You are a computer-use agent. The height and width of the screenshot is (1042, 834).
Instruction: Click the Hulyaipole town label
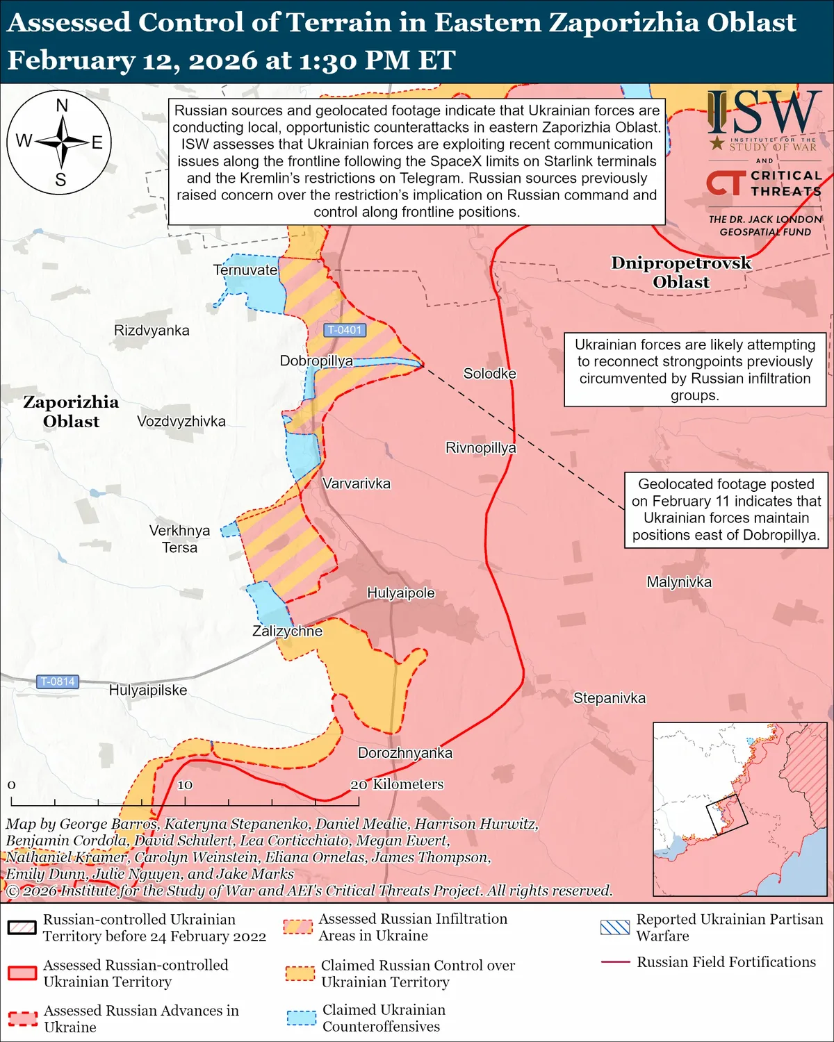401,593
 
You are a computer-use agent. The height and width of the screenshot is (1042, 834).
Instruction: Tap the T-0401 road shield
345,330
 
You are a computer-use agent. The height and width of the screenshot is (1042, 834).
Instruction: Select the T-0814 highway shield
57,681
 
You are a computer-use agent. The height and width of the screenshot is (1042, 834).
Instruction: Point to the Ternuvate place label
245,270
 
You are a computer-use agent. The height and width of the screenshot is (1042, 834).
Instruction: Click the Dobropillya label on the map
316,361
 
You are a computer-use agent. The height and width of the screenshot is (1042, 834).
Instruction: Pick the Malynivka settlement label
679,582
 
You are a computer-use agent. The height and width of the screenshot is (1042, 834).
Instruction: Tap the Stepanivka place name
609,698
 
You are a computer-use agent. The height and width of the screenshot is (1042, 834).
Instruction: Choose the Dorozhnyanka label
404,753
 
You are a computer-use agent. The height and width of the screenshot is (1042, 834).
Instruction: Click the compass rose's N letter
62,106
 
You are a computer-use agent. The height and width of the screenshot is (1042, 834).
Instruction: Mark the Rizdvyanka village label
152,330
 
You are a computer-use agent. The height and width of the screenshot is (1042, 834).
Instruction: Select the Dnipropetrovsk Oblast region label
681,272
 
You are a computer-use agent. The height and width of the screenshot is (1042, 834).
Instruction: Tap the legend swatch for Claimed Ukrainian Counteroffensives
302,1018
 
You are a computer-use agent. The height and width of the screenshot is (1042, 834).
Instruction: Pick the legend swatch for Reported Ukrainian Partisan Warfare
615,927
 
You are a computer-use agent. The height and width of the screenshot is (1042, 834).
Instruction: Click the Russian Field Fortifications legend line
615,962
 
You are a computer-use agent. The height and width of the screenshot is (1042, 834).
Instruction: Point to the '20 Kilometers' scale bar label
397,784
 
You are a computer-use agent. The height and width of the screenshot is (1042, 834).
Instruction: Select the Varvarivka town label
356,483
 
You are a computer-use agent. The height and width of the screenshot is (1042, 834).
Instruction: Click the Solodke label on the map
490,374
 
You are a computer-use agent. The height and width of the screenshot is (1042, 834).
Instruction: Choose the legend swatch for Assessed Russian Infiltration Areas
298,927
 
